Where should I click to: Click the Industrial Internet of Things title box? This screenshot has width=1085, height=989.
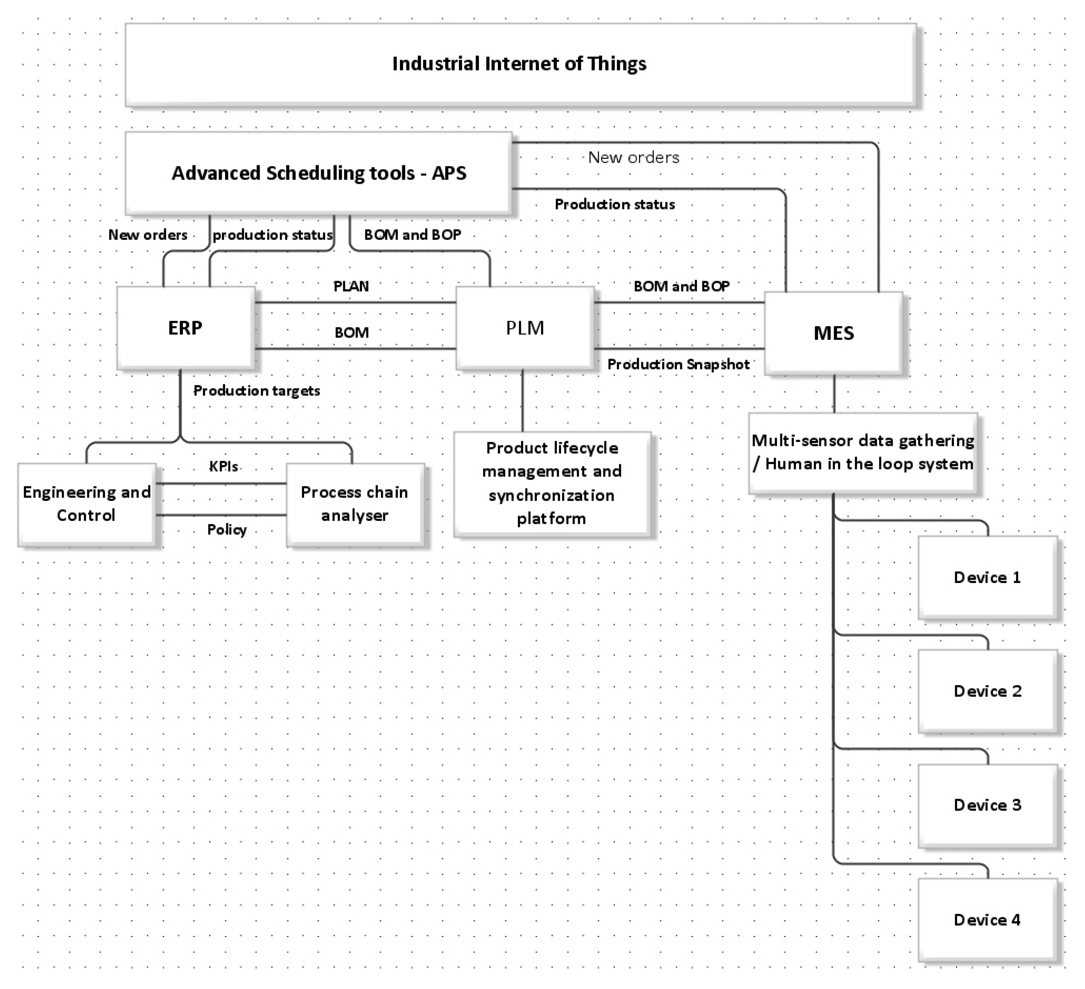520,64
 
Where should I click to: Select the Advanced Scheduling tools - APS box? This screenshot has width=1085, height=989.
318,173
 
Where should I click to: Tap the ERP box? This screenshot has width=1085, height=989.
185,328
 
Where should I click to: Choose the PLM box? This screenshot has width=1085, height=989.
525,328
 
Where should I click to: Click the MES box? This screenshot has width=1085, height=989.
833,333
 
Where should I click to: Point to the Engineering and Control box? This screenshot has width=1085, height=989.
87,504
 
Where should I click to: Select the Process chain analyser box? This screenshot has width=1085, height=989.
355,504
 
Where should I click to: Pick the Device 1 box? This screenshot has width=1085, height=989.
987,577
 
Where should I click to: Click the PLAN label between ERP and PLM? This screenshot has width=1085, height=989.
351,286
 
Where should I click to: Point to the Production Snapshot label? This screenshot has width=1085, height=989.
678,364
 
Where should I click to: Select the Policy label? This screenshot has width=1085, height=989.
227,530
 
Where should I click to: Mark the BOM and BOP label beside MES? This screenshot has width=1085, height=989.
681,286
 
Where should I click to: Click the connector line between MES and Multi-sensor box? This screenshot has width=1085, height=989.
834,394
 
